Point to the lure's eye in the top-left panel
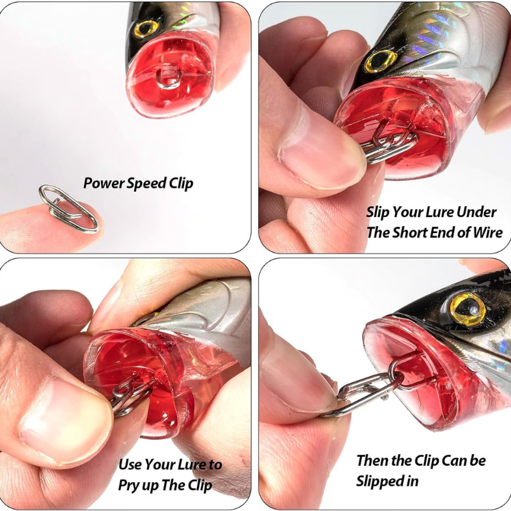(146, 28)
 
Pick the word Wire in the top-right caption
(487, 233)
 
